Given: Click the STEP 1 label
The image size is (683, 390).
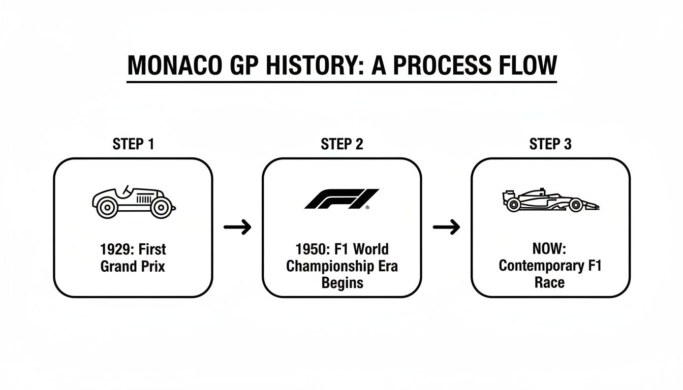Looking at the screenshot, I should [133, 144].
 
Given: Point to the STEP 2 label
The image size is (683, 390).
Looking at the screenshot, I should [342, 144].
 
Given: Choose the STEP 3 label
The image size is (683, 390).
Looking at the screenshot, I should [550, 144].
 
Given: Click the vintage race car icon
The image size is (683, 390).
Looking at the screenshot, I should [133, 201].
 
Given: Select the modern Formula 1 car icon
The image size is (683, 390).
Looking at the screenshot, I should [550, 200].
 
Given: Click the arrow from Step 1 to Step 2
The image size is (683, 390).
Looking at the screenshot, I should [237, 227].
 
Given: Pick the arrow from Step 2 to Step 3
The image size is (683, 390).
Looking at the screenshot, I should [446, 227].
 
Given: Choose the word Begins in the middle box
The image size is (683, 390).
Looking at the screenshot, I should [341, 283].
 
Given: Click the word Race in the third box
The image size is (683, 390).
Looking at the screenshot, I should [550, 283].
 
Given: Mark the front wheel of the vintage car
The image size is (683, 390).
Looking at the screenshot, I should [161, 207].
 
